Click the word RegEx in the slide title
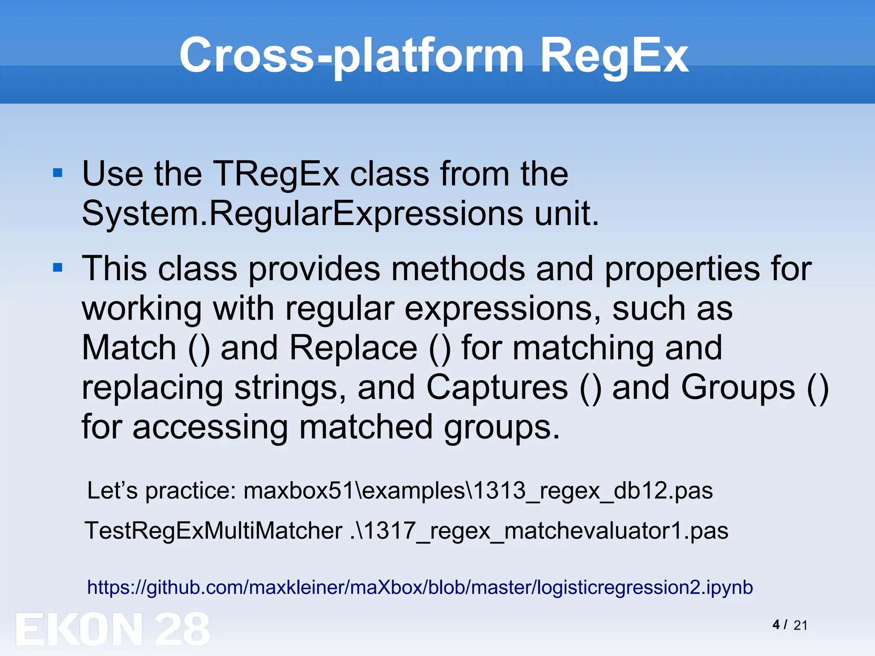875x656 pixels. [x=614, y=56]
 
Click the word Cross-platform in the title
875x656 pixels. [x=351, y=56]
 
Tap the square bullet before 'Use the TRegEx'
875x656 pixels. [x=58, y=173]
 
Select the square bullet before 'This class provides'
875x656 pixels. [x=58, y=268]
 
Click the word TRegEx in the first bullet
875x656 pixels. [x=276, y=174]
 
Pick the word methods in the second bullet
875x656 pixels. [x=458, y=269]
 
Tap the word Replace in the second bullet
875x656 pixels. [x=353, y=348]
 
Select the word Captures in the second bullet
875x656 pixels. [x=497, y=387]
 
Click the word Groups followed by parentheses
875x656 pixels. [x=738, y=387]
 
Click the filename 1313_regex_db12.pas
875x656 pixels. [x=593, y=491]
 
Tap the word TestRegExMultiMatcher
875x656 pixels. [x=214, y=531]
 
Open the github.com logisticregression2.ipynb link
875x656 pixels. [x=420, y=588]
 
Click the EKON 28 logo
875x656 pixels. [x=113, y=629]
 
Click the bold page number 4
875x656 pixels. [x=776, y=625]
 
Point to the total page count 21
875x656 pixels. [x=800, y=626]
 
